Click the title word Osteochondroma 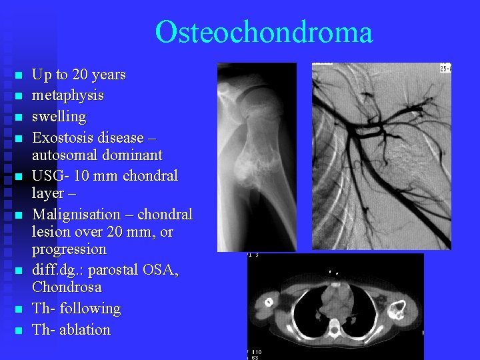(x=263, y=32)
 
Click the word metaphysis (x=68, y=95)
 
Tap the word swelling (x=59, y=117)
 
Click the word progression (x=69, y=249)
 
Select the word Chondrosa (x=67, y=287)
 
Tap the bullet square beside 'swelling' (x=19, y=117)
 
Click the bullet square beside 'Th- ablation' (x=19, y=330)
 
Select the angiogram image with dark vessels (x=381, y=157)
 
